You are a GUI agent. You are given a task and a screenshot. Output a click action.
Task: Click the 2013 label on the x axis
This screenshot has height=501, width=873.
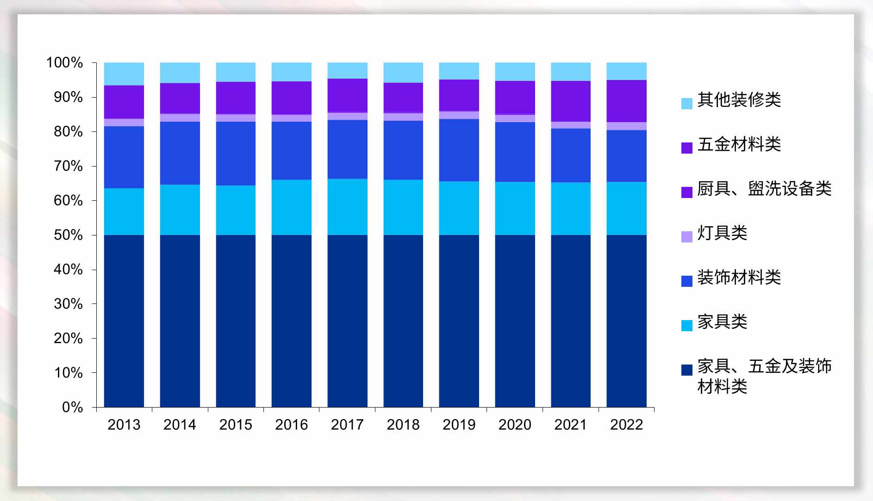pos(124,424)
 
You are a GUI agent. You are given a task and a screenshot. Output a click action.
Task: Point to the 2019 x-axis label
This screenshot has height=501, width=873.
pos(459,424)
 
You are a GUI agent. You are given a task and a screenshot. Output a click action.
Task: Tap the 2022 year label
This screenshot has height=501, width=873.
pos(626,424)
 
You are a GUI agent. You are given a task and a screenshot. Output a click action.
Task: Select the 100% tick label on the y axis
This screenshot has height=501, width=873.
pos(64,62)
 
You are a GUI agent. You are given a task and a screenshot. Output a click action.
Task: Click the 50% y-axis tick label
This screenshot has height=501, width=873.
pos(68,235)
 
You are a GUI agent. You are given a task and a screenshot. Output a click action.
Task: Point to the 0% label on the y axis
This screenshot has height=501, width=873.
pos(72,407)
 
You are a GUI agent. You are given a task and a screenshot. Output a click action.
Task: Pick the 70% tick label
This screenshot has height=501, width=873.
pos(68,166)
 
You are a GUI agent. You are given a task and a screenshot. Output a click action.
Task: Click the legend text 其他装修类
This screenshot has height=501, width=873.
pos(739,99)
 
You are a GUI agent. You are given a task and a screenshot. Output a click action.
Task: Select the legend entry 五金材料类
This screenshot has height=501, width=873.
pos(739,144)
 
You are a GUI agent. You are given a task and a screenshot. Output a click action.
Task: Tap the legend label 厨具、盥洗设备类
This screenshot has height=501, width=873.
pos(764,188)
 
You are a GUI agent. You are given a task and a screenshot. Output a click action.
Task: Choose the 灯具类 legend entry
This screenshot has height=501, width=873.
pos(722,233)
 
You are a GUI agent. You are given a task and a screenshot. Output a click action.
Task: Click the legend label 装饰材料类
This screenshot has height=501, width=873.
pos(739,277)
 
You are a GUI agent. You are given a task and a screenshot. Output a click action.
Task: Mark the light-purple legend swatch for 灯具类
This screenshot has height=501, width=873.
pos(686,236)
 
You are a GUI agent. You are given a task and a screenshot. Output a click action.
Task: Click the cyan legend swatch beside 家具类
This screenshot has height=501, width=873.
pos(686,325)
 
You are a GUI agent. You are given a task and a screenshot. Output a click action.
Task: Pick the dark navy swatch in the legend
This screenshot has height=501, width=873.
pos(686,370)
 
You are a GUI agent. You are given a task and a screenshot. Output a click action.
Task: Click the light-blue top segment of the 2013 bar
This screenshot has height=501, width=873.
pos(124,74)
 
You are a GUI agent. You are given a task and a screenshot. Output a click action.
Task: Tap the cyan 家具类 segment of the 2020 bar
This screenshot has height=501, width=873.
pos(515,208)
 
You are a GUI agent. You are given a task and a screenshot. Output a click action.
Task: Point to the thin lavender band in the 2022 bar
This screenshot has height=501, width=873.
pos(626,126)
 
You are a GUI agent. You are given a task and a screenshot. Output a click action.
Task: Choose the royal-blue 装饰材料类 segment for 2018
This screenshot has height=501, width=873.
pos(403,150)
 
